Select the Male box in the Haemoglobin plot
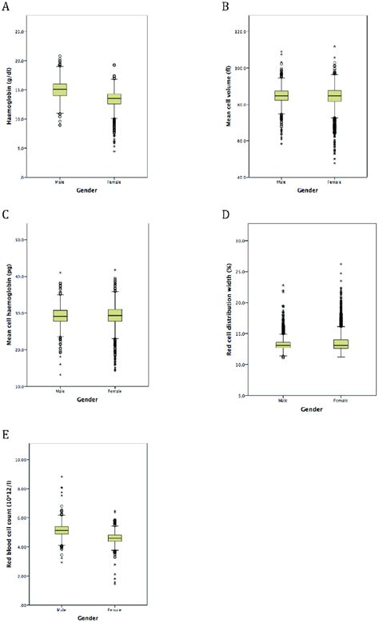point(60,90)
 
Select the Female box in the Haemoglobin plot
point(114,99)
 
